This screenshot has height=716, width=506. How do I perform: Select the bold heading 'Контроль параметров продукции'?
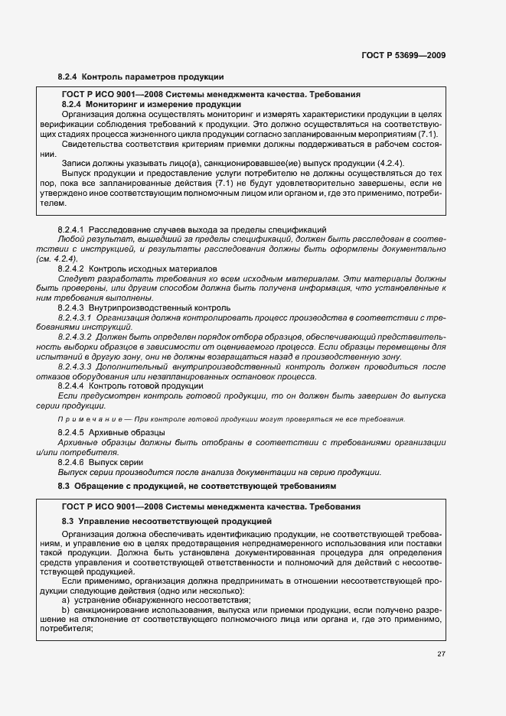click(152, 77)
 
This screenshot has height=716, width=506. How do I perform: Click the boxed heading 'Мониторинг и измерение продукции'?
click(164, 104)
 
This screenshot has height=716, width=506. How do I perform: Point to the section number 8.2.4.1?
click(71, 229)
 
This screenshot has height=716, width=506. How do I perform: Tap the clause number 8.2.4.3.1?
click(75, 317)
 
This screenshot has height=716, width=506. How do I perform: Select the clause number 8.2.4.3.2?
click(75, 337)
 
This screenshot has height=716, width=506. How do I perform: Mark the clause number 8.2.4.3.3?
click(75, 366)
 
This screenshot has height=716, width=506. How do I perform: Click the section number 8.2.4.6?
click(71, 463)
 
